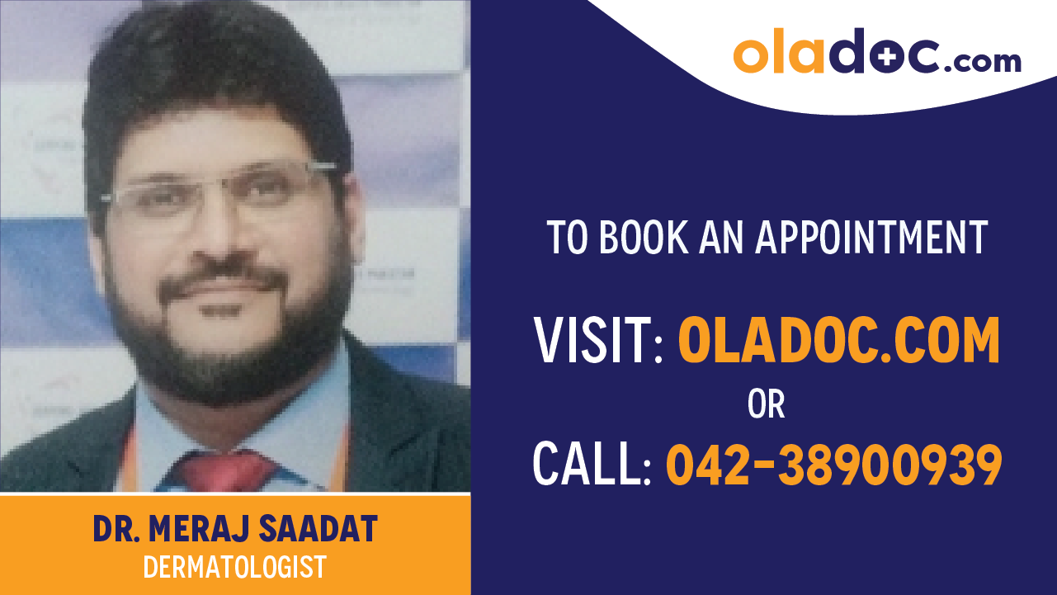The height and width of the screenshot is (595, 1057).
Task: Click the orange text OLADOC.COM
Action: point(838,341)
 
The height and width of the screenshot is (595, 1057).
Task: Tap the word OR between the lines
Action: point(766,404)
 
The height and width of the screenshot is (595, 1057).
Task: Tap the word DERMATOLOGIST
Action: point(234,567)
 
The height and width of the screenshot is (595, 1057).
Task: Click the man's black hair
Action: point(206,74)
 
